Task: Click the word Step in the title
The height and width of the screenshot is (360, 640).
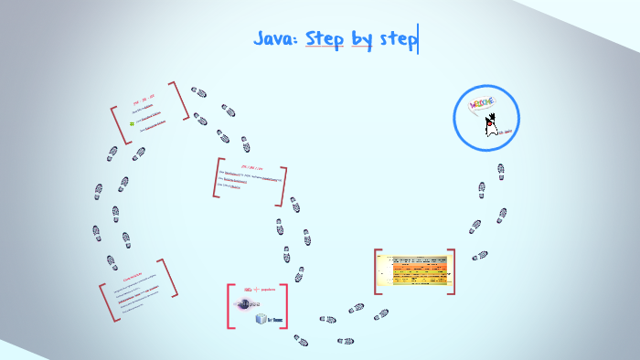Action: (325, 38)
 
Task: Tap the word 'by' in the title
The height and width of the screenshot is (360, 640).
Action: (363, 39)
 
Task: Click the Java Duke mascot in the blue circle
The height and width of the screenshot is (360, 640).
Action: (492, 124)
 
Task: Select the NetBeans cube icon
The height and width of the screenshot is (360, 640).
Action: (261, 319)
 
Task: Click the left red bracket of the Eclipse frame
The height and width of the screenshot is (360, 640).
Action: (229, 306)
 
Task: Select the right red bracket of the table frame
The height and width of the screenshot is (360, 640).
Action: (453, 270)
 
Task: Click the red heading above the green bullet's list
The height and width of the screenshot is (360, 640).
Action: (144, 97)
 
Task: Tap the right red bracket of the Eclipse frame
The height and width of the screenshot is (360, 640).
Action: (286, 306)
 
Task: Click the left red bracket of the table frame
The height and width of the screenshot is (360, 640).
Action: (377, 271)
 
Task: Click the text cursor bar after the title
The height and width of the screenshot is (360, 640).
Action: (418, 39)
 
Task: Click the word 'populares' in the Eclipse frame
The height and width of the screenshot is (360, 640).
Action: (268, 290)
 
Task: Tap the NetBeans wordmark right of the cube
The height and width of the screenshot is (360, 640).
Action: (275, 320)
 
